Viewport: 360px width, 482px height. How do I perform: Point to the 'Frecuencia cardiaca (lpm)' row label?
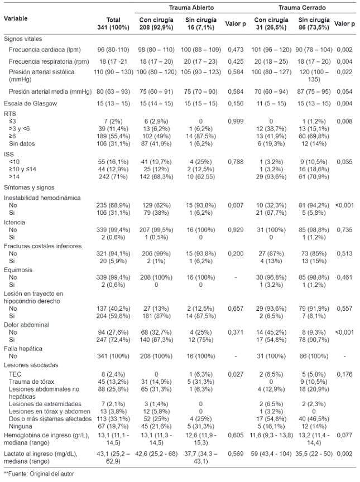44,50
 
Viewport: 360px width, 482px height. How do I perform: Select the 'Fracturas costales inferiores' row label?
42,246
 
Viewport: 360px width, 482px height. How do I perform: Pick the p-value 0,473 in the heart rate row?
233,50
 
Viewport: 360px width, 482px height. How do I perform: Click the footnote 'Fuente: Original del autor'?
40,474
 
